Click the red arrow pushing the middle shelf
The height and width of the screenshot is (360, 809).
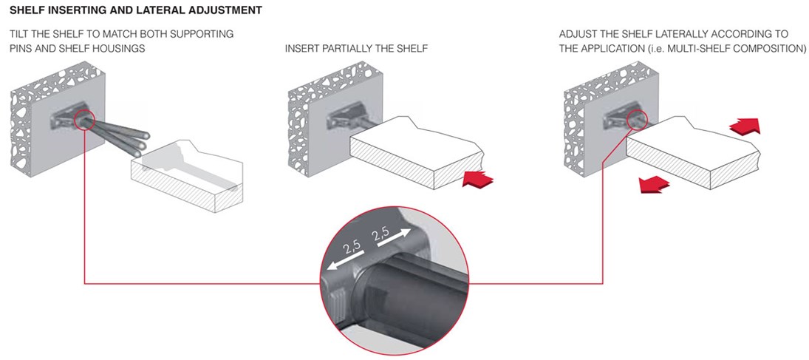coord(478,179)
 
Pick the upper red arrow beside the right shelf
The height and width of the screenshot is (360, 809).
coord(745,126)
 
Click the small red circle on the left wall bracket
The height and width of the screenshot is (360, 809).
coord(84,120)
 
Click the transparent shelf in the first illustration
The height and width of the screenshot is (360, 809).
coord(188,176)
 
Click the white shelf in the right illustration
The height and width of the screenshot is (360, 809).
coord(694,153)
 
